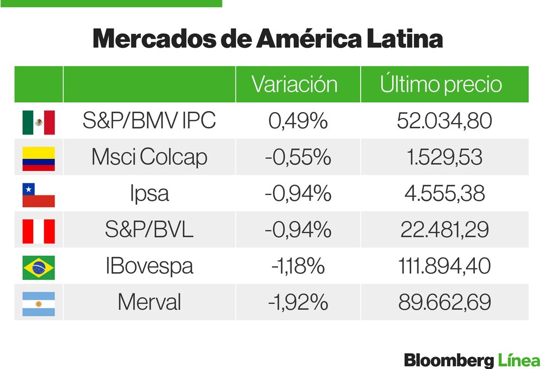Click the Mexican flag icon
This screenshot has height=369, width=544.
click(x=39, y=122)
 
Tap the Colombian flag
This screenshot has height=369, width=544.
click(x=39, y=158)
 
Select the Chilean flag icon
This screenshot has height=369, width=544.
click(x=39, y=195)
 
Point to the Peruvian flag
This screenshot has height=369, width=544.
click(x=39, y=231)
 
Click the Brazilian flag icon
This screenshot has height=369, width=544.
click(x=39, y=268)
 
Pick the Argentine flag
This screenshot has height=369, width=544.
click(x=39, y=304)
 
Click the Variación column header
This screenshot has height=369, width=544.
click(x=294, y=84)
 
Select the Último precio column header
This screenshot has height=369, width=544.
click(x=441, y=84)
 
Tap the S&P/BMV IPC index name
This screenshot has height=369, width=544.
click(x=149, y=120)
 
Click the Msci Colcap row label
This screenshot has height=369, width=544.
click(x=149, y=157)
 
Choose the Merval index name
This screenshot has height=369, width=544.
click(x=149, y=302)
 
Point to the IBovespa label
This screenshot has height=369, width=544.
click(x=149, y=266)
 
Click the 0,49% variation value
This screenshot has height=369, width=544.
click(x=298, y=121)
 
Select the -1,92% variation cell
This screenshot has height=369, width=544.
click(x=298, y=303)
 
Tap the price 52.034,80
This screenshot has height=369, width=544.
click(x=444, y=121)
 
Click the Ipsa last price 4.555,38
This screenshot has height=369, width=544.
click(x=444, y=193)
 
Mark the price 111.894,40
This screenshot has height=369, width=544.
click(x=444, y=266)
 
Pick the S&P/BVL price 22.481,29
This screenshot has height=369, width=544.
click(x=444, y=230)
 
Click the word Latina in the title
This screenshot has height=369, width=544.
click(x=404, y=38)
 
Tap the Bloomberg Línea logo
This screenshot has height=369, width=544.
click(x=472, y=360)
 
